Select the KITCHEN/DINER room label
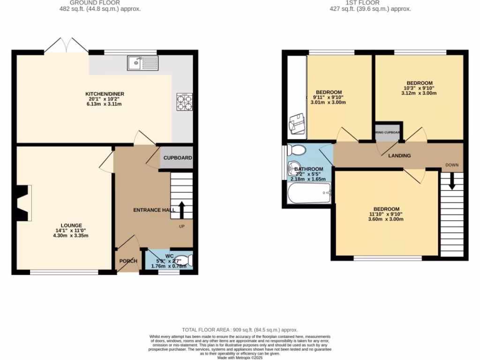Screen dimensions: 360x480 click(108, 94)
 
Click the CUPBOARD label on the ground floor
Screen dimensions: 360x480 click(177, 158)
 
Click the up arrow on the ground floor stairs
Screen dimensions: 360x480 click(182, 210)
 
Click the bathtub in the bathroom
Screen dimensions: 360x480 click(309, 193)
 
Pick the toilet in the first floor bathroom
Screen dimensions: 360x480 click(296, 150)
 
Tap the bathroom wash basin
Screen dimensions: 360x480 click(294, 167)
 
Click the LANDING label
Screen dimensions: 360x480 click(399, 156)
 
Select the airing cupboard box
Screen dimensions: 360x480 click(387, 132)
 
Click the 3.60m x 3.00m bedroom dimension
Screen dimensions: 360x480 click(386, 219)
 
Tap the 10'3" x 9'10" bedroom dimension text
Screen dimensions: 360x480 click(419, 88)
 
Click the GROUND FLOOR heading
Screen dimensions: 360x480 click(95, 2)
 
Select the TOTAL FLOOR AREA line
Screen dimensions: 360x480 click(240, 330)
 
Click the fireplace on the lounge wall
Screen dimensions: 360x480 click(23, 202)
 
